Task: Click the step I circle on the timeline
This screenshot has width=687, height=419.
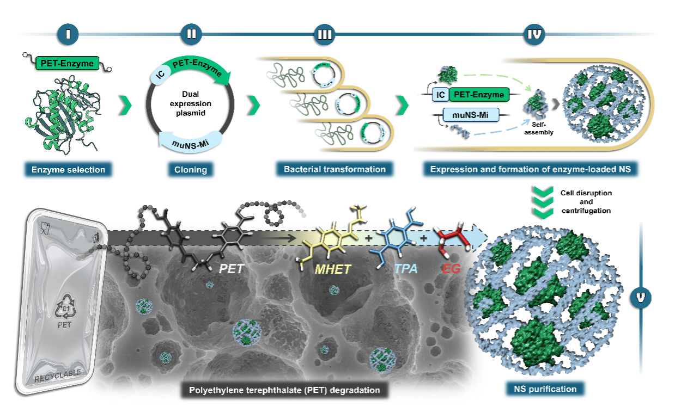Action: tap(68, 34)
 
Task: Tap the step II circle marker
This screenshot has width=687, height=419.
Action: tap(191, 34)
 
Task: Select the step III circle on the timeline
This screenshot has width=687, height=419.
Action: tap(325, 34)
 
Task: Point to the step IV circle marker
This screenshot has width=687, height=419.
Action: tap(534, 34)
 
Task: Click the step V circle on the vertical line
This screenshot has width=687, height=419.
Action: tap(641, 298)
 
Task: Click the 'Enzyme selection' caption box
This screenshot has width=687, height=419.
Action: tap(68, 170)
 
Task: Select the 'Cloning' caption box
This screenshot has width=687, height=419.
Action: tap(191, 170)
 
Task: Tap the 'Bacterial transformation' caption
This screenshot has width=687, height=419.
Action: tap(335, 169)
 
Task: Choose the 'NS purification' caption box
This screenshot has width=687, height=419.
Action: tap(545, 389)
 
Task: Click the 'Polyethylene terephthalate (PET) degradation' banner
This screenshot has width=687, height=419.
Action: tap(284, 390)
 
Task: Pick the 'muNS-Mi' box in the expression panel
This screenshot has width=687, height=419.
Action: tap(471, 115)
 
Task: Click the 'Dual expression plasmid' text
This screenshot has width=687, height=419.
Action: tap(191, 103)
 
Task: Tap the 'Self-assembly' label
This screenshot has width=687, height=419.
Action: tap(539, 128)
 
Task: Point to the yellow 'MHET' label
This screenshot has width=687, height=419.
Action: tap(333, 269)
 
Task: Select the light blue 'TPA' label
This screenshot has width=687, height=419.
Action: tap(406, 269)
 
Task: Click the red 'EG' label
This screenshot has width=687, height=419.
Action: tap(451, 269)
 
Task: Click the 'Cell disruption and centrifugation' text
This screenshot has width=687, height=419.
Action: tap(586, 202)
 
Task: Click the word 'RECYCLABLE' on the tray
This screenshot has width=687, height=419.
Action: tap(57, 376)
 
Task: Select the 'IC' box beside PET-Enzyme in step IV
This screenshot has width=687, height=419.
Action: tap(440, 95)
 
